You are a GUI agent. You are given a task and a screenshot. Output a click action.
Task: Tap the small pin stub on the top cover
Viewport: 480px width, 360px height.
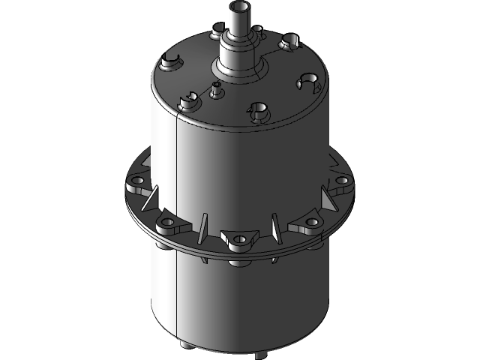(216, 89)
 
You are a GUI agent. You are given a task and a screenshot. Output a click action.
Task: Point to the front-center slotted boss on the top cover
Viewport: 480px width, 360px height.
(258, 110)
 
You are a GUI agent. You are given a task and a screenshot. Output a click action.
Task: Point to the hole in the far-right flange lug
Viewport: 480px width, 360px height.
(341, 181)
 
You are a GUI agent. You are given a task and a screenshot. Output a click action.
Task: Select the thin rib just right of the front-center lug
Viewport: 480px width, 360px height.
(274, 226)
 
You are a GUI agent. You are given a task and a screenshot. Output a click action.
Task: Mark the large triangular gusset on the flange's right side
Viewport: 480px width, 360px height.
(327, 199)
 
